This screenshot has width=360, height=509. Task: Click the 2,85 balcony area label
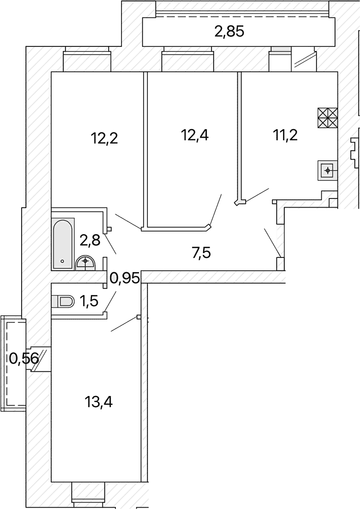click(229, 32)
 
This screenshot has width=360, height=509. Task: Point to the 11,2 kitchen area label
click(285, 135)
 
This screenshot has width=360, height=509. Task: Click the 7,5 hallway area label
click(201, 252)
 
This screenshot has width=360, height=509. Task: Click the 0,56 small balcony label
click(24, 359)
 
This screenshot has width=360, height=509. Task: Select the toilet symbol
click(63, 301)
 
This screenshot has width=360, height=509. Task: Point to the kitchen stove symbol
click(328, 118)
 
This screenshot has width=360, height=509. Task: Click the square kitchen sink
click(328, 170)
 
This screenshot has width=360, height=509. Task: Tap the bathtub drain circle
click(62, 261)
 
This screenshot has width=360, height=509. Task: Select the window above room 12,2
click(87, 59)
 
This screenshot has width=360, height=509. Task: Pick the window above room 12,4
click(188, 59)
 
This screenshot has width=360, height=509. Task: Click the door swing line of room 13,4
click(125, 324)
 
